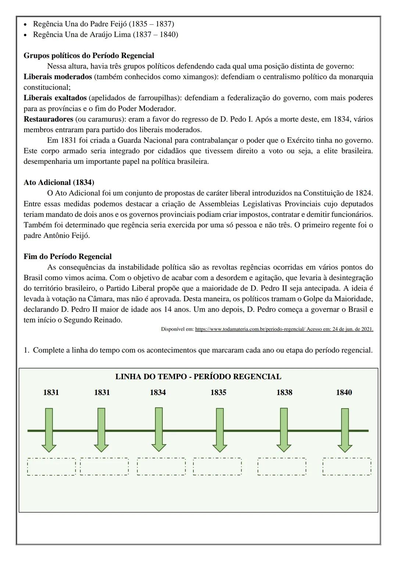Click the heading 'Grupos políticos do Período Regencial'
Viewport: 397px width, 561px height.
click(89, 55)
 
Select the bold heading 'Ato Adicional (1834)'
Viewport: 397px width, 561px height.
click(59, 183)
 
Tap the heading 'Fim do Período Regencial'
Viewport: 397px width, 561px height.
click(68, 256)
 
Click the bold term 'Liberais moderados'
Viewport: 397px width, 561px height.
click(58, 77)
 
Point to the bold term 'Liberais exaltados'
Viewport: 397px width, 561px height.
click(55, 98)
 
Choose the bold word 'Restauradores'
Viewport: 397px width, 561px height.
click(48, 119)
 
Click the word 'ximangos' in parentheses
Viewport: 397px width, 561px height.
click(198, 77)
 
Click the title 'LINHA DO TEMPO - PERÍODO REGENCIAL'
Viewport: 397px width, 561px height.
click(198, 377)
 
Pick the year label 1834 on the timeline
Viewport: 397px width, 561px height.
click(158, 392)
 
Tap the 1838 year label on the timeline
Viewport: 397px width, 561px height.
click(284, 392)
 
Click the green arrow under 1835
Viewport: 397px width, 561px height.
click(219, 430)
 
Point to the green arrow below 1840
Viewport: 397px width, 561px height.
click(345, 430)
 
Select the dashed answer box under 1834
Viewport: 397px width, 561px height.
click(161, 467)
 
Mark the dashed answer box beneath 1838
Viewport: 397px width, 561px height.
click(282, 467)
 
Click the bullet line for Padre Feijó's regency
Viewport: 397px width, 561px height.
click(103, 24)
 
